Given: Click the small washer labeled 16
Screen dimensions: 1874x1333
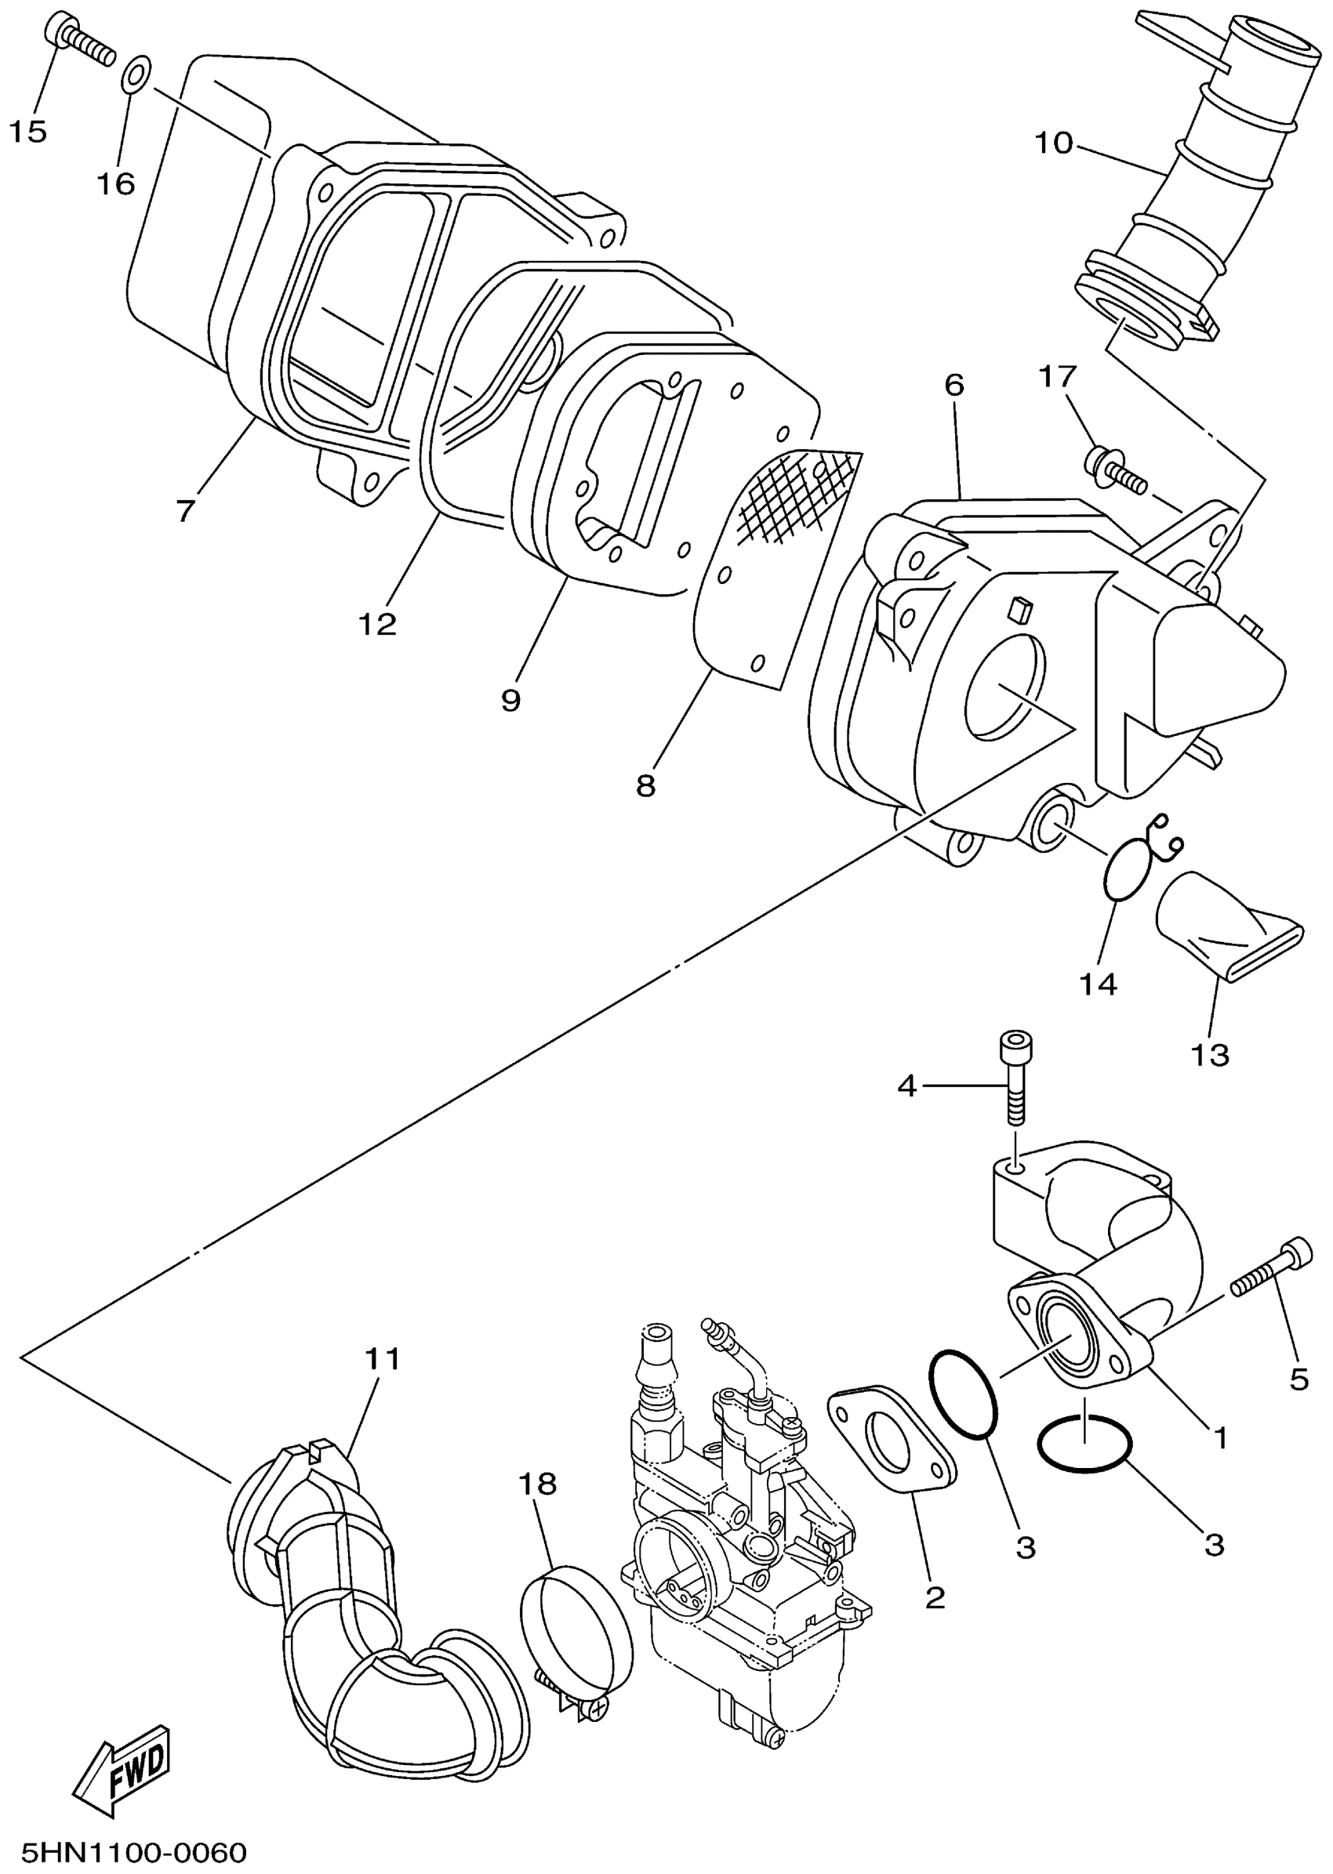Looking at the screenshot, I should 136,73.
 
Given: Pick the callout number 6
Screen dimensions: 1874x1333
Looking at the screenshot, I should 954,385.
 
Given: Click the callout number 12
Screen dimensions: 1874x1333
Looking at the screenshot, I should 378,625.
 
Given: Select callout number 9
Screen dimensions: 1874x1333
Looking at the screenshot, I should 510,700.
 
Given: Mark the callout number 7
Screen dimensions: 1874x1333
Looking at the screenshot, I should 186,511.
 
